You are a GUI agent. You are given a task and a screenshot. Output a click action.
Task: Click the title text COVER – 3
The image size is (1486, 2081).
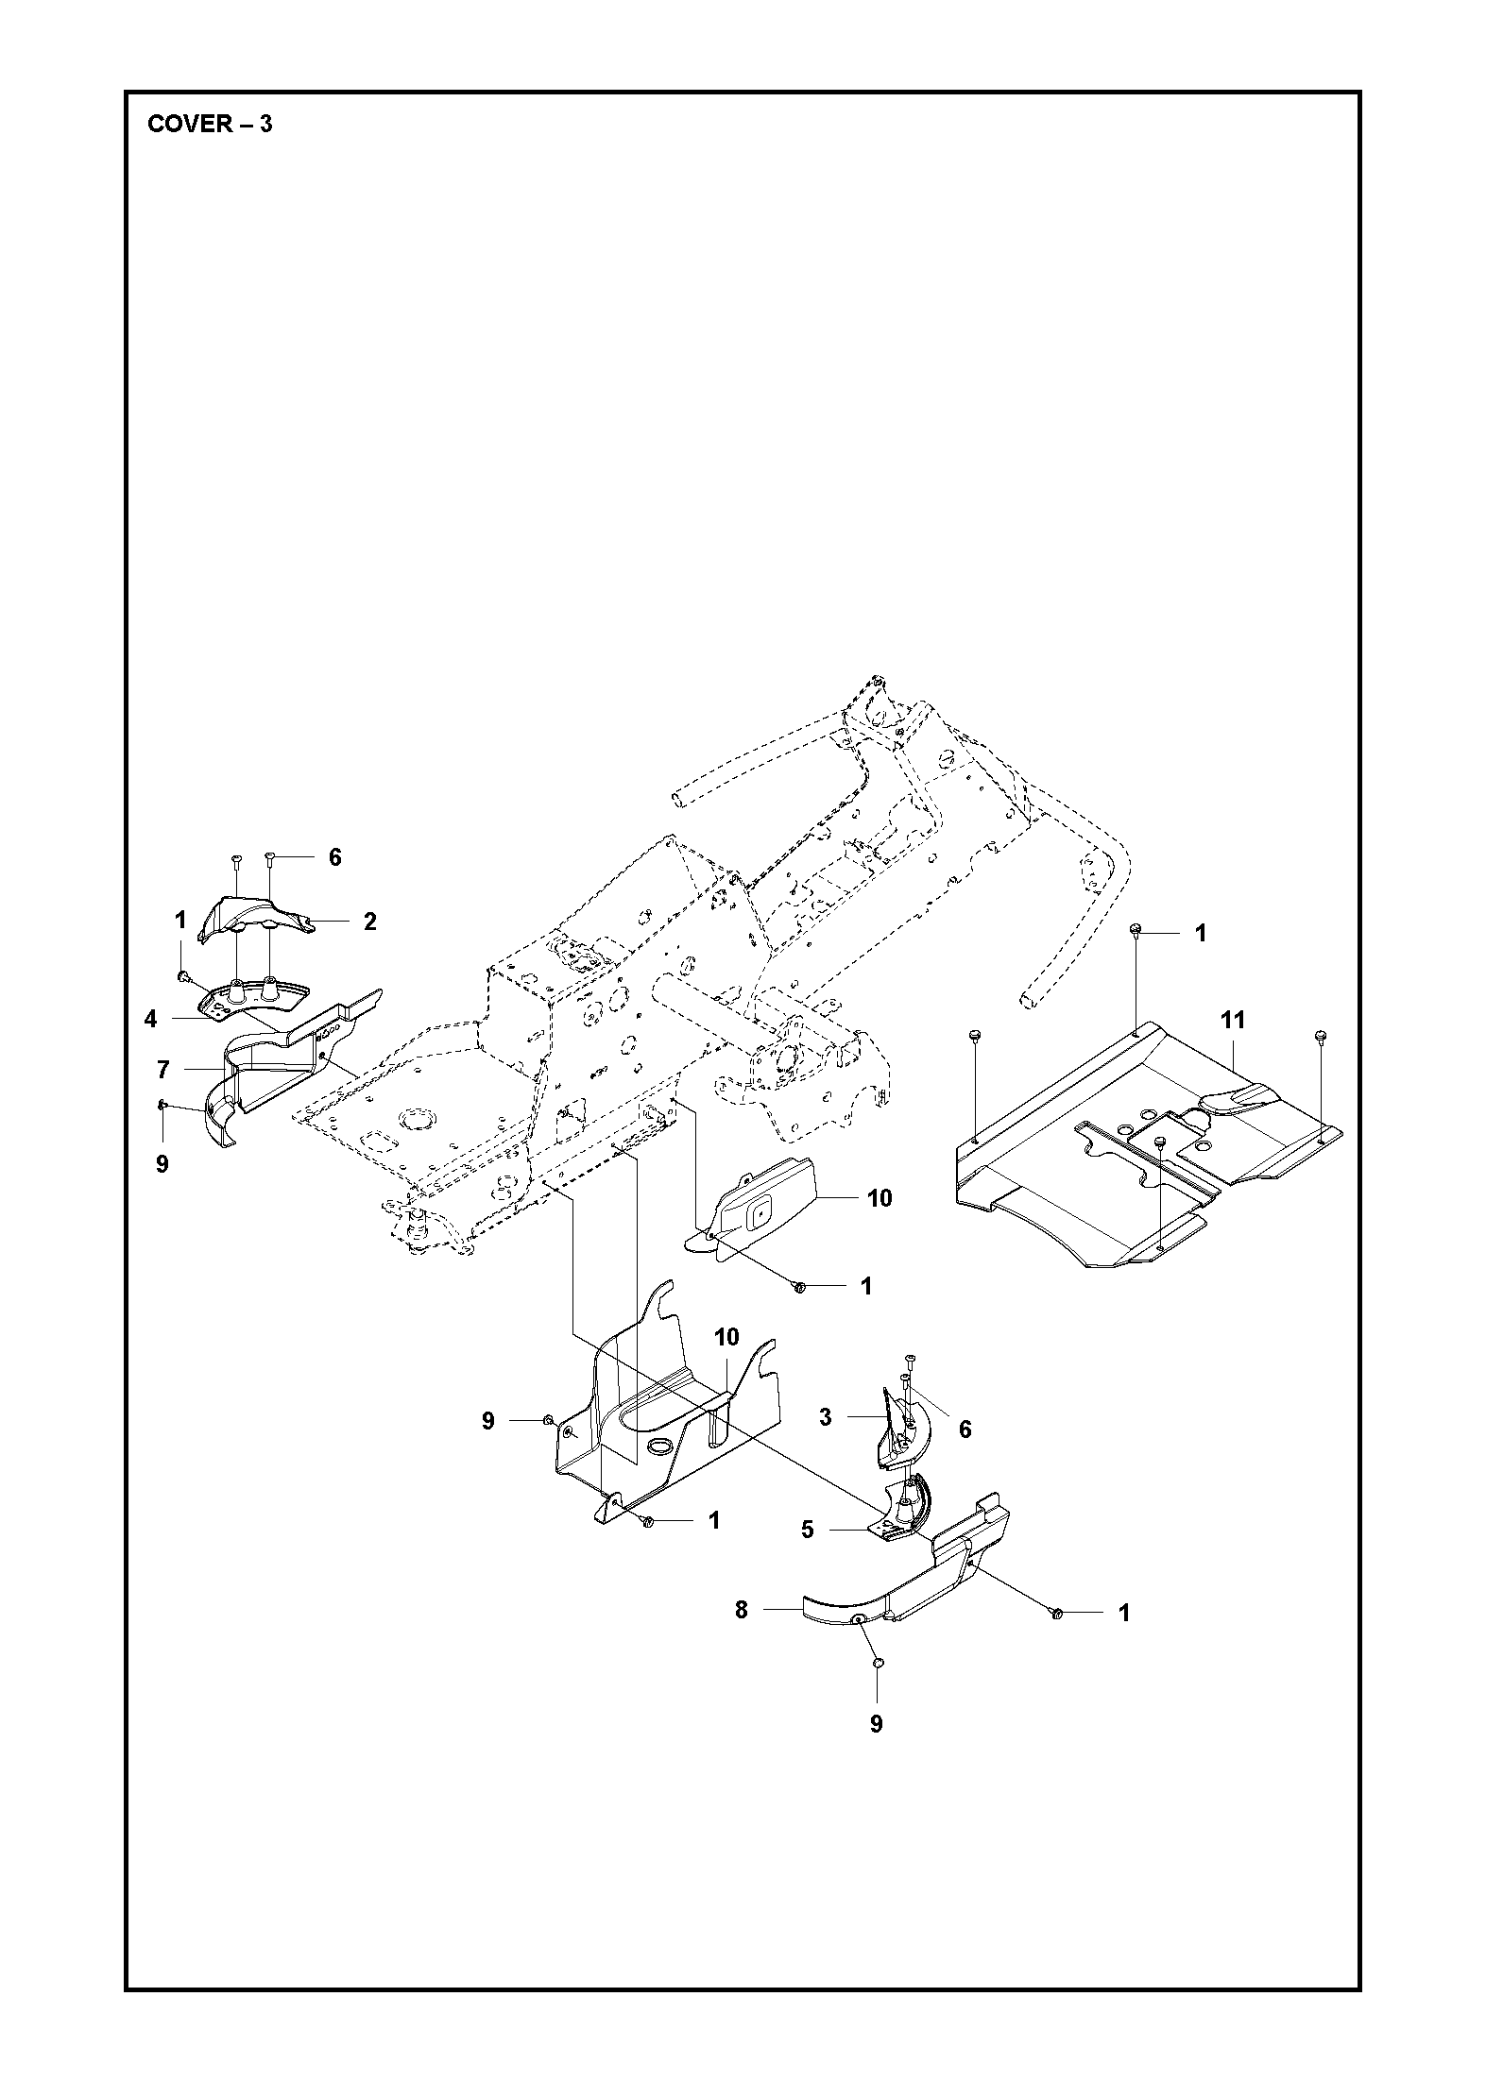click(210, 124)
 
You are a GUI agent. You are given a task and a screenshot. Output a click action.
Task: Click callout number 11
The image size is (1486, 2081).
click(1232, 1020)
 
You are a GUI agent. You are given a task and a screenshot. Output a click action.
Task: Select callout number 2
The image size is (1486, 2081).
click(369, 922)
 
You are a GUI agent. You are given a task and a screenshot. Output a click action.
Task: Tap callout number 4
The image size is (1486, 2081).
click(150, 1019)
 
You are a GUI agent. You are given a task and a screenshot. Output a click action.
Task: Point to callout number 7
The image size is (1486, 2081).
click(163, 1070)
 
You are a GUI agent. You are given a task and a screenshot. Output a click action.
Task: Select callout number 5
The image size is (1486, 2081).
click(807, 1530)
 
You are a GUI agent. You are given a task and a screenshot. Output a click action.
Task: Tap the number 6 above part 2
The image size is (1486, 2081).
click(334, 857)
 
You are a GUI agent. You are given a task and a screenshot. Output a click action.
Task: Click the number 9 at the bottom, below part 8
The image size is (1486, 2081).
click(876, 1724)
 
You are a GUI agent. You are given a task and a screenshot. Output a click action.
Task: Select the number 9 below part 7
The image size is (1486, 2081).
click(162, 1164)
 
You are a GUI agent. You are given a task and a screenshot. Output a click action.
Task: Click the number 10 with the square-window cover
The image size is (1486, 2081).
click(879, 1198)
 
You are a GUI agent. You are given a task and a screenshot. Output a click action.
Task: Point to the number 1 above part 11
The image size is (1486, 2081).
click(1201, 933)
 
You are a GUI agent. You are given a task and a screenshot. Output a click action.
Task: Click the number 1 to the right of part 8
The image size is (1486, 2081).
click(1124, 1614)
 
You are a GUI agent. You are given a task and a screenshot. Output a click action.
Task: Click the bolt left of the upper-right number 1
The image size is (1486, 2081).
click(1136, 932)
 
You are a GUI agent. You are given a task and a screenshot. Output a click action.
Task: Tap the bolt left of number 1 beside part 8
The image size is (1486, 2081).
click(1058, 1614)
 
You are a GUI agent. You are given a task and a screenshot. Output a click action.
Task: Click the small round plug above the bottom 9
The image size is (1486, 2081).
click(877, 1662)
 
